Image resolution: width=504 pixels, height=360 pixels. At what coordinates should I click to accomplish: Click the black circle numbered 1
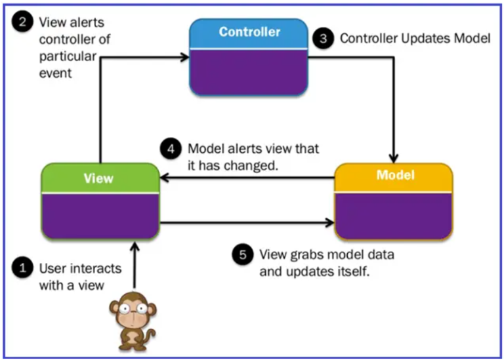click(x=24, y=268)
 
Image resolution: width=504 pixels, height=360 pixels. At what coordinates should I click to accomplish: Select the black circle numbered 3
click(x=322, y=39)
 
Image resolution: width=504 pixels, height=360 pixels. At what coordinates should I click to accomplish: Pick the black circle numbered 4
click(x=171, y=149)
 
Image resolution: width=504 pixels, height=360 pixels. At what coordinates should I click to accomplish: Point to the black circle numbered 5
click(x=243, y=254)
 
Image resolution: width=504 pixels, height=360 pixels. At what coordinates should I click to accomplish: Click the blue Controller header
click(x=249, y=32)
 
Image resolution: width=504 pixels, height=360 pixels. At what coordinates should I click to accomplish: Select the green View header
click(x=99, y=178)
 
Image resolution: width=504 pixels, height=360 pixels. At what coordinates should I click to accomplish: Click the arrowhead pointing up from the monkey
click(x=135, y=247)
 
